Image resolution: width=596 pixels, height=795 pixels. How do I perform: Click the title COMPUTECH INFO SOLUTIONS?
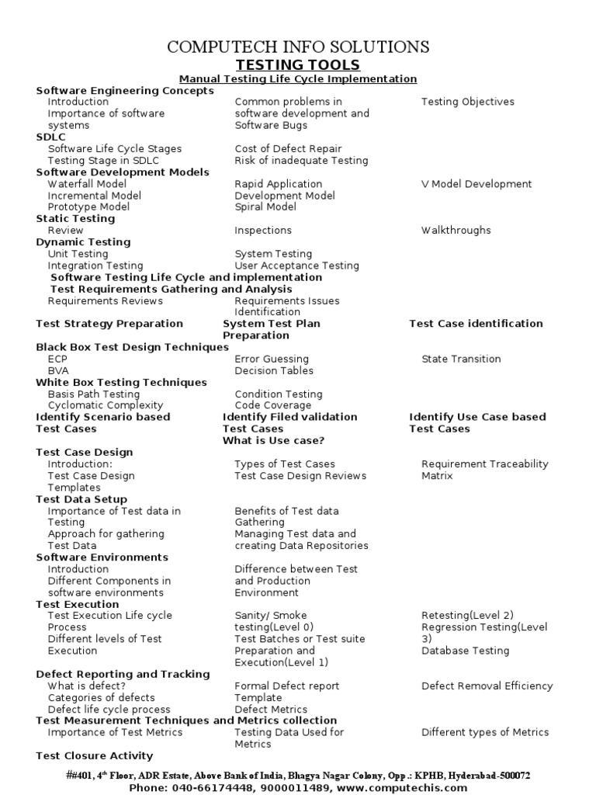pyautogui.click(x=298, y=47)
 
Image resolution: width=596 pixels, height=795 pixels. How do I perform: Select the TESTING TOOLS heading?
pyautogui.click(x=298, y=65)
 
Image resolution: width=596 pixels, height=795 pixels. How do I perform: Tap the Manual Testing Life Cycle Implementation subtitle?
pyautogui.click(x=298, y=79)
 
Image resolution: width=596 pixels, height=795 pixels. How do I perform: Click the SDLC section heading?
pyautogui.click(x=51, y=137)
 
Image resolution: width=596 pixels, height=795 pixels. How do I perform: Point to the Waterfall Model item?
pyautogui.click(x=87, y=184)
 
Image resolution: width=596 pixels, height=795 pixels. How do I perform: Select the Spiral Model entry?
pyautogui.click(x=265, y=207)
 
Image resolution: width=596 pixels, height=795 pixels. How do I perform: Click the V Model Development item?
pyautogui.click(x=476, y=184)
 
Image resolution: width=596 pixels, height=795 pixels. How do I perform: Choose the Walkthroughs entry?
pyautogui.click(x=456, y=231)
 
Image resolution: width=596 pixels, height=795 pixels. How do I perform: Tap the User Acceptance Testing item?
pyautogui.click(x=296, y=266)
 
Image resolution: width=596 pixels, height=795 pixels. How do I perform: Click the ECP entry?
pyautogui.click(x=58, y=359)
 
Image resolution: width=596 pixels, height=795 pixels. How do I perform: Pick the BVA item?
pyautogui.click(x=58, y=370)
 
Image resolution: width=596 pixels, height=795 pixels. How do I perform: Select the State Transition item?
pyautogui.click(x=461, y=359)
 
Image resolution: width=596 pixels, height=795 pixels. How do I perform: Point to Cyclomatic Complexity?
pyautogui.click(x=106, y=405)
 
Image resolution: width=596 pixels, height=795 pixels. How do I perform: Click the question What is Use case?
pyautogui.click(x=273, y=440)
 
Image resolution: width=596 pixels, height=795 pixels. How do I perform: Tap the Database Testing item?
pyautogui.click(x=466, y=651)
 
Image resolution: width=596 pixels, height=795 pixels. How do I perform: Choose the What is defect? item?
pyautogui.click(x=86, y=686)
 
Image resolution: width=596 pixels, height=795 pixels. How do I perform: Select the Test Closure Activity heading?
pyautogui.click(x=95, y=755)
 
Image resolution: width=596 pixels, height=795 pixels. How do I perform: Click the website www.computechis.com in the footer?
pyautogui.click(x=404, y=787)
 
